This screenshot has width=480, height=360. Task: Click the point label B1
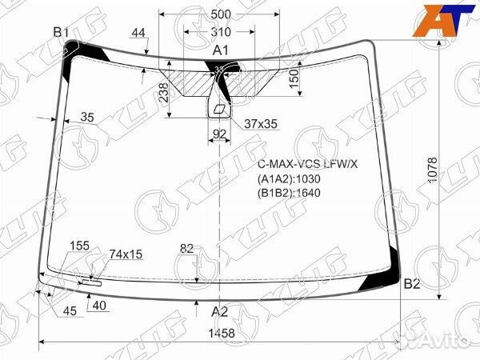tap(62, 31)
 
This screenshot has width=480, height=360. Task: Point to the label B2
tap(411, 284)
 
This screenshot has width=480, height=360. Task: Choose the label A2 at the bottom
tap(219, 312)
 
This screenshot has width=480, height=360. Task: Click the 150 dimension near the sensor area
tap(294, 78)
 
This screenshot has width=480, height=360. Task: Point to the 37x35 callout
tap(260, 123)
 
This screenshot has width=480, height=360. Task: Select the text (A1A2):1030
tap(288, 179)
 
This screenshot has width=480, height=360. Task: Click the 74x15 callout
tap(125, 254)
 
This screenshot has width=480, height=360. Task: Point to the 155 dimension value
tap(79, 245)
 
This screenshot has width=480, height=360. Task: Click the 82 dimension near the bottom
tap(187, 249)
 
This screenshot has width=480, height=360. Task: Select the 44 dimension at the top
tap(138, 33)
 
